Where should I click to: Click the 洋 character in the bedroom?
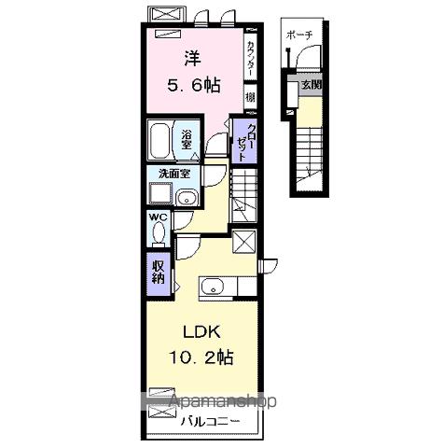pos(193,57)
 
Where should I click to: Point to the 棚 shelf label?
pos(251,97)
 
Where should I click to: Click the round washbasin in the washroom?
pos(185,197)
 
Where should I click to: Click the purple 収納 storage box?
pos(159,272)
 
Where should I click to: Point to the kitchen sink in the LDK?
pos(211,286)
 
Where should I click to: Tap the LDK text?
pos(198,333)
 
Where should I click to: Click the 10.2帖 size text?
pos(201,358)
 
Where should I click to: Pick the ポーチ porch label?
pos(300,35)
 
